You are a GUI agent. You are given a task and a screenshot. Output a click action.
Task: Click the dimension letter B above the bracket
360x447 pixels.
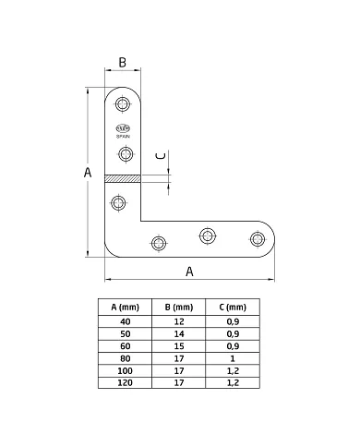[x=122, y=63]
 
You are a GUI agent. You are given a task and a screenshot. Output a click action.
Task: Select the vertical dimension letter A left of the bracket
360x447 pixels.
[x=88, y=173]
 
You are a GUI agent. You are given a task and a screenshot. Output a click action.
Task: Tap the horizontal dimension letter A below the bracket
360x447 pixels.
[x=190, y=272]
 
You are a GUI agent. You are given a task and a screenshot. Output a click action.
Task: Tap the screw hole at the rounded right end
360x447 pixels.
[x=257, y=240]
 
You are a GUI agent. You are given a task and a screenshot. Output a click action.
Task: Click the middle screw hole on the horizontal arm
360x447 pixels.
[x=207, y=236]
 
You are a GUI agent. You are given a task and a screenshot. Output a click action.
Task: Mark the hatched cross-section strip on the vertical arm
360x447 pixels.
[x=122, y=179]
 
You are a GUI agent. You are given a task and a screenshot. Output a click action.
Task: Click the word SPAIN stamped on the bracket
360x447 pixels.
[x=125, y=135]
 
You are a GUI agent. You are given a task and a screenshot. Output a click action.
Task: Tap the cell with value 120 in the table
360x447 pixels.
[x=125, y=381]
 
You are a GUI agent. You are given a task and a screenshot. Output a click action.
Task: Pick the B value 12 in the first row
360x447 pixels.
[x=178, y=320]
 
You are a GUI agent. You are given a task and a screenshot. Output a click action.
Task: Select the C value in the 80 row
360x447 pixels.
[x=233, y=356]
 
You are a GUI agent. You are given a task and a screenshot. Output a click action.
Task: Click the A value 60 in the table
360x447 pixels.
[x=125, y=344]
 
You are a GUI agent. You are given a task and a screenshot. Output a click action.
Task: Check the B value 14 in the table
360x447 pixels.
[x=178, y=332]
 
